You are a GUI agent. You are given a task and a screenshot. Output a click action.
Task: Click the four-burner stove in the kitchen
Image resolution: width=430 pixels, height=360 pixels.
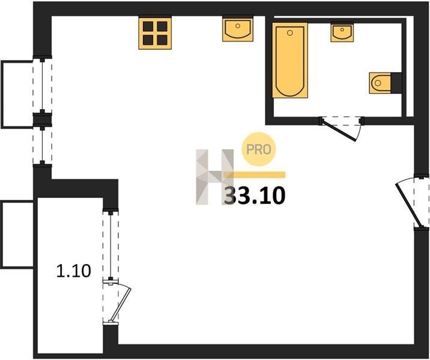[155, 33]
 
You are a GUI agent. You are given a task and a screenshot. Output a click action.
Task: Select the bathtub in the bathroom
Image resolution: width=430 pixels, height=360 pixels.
[290, 60]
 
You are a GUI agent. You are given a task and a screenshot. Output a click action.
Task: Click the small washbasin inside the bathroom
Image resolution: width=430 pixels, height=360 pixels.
[342, 32]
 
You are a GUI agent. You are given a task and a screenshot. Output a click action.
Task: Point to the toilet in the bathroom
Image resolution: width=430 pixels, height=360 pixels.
[380, 83]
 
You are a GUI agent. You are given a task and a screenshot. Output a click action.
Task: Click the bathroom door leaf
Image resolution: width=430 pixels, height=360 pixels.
[339, 130]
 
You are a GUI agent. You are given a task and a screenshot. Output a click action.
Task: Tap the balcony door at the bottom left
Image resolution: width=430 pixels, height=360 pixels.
[120, 304]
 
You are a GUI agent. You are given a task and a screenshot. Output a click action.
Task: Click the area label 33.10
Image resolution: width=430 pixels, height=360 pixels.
[255, 196]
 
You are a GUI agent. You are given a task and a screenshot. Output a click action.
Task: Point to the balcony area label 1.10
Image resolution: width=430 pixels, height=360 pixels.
[73, 271]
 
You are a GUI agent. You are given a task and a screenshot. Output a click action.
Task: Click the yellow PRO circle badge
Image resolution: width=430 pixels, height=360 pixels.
[258, 149]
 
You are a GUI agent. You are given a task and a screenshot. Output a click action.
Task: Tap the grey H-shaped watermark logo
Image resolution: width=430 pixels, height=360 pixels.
[215, 177]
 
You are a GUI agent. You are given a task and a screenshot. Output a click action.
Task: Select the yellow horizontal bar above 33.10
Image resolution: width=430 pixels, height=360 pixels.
[255, 175]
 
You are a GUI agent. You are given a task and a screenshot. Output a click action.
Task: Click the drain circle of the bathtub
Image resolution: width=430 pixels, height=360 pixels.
[290, 33]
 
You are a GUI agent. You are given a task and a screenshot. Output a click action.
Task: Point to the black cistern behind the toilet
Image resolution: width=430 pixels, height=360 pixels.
[396, 83]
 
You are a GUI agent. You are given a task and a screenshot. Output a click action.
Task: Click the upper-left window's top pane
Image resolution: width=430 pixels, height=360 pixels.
[42, 85]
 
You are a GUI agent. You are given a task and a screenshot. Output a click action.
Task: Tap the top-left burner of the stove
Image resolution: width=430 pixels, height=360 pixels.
[148, 26]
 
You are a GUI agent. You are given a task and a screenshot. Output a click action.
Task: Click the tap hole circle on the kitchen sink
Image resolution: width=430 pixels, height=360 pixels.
[238, 26]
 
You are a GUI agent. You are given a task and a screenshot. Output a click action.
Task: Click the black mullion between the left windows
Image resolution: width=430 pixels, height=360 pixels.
[42, 120]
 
